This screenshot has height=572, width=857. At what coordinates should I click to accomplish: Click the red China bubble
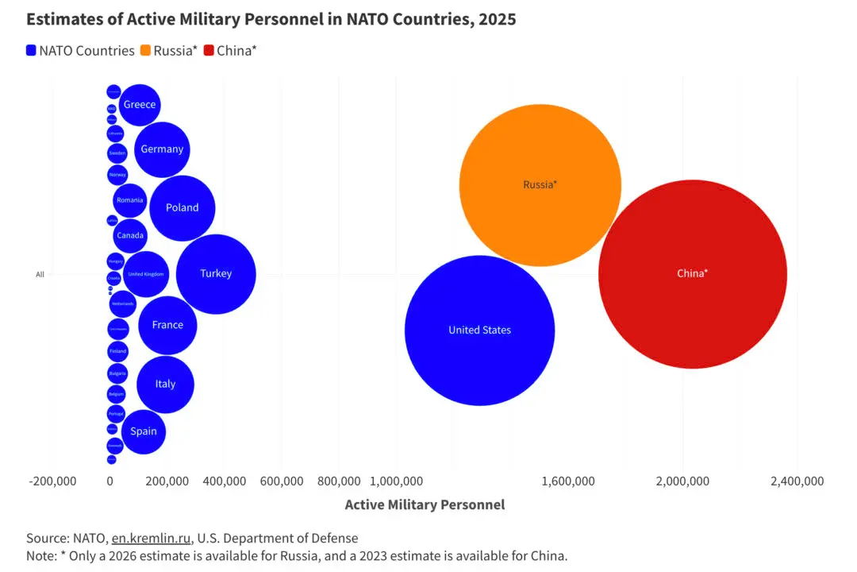pos(692,273)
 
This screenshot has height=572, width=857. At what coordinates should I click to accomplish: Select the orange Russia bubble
pos(540,184)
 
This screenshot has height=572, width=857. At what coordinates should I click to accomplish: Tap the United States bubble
pos(479,330)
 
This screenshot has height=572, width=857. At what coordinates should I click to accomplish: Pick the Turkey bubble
pos(216,273)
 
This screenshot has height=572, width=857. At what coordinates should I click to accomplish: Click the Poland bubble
pos(182,207)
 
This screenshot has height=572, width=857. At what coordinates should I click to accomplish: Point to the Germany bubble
pos(162,149)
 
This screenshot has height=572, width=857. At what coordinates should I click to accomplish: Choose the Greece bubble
pos(140,105)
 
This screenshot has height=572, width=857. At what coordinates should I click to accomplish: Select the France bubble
pos(167,325)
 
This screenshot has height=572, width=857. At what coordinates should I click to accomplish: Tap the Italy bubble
pos(165,384)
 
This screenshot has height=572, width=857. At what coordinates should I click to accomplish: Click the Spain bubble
pos(144,431)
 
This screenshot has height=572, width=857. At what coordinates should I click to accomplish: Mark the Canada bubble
pos(130,235)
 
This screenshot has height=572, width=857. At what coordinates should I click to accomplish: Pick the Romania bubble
pos(130,200)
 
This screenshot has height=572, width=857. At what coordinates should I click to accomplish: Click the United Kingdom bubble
pos(146,274)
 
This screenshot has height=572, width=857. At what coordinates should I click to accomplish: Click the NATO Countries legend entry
pos(80,51)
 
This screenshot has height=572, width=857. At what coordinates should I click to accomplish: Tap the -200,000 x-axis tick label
pos(52,481)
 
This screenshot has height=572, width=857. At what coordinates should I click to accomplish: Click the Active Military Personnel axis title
pos(425,504)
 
